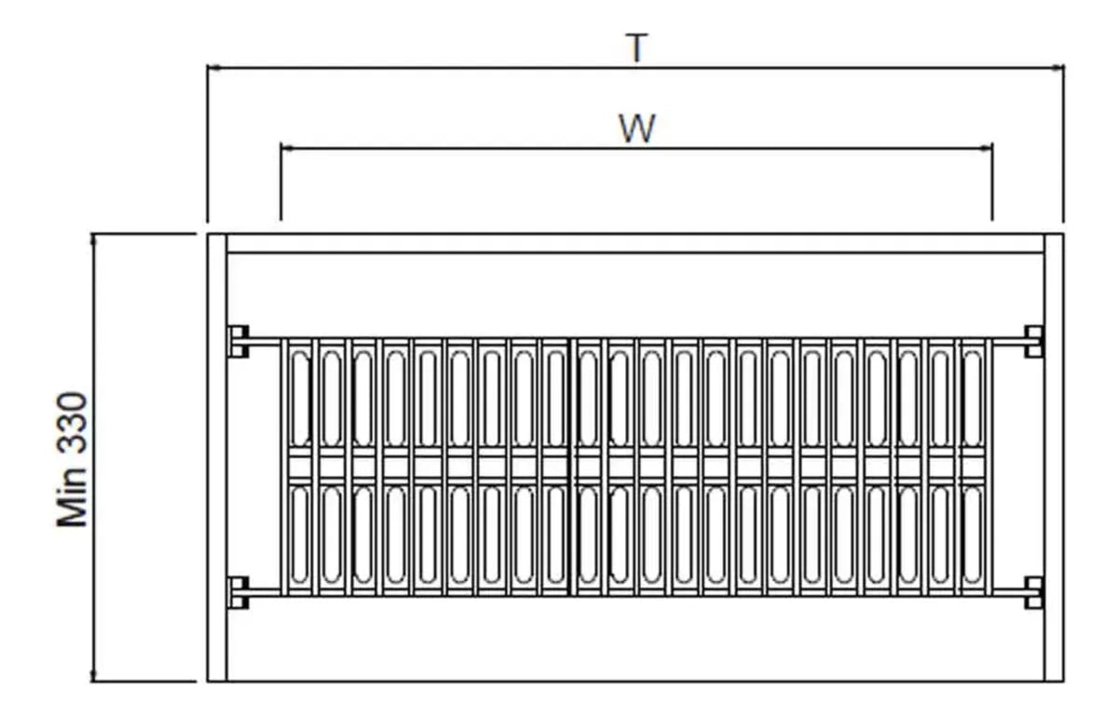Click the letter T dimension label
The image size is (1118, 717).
(636, 47)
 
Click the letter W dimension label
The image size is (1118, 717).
(637, 129)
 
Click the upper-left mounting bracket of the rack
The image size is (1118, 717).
(239, 342)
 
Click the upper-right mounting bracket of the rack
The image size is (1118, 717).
(1033, 342)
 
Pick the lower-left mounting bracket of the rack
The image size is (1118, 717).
(239, 593)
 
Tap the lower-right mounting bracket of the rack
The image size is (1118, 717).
(1033, 593)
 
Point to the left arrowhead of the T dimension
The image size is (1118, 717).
(213, 68)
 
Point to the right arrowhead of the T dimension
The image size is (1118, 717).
(1057, 68)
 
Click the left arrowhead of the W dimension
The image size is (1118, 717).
(287, 148)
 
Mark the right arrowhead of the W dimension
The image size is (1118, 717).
(986, 148)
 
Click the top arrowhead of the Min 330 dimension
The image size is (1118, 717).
(92, 239)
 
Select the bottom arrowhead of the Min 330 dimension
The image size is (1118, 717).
(92, 675)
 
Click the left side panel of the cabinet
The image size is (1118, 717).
(217, 457)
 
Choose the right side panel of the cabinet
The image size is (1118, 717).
(1054, 457)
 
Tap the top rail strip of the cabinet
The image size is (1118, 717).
(635, 243)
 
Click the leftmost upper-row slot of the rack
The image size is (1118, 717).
(300, 398)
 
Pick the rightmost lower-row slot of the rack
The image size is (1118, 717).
(972, 535)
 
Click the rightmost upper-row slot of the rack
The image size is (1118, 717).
(972, 398)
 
